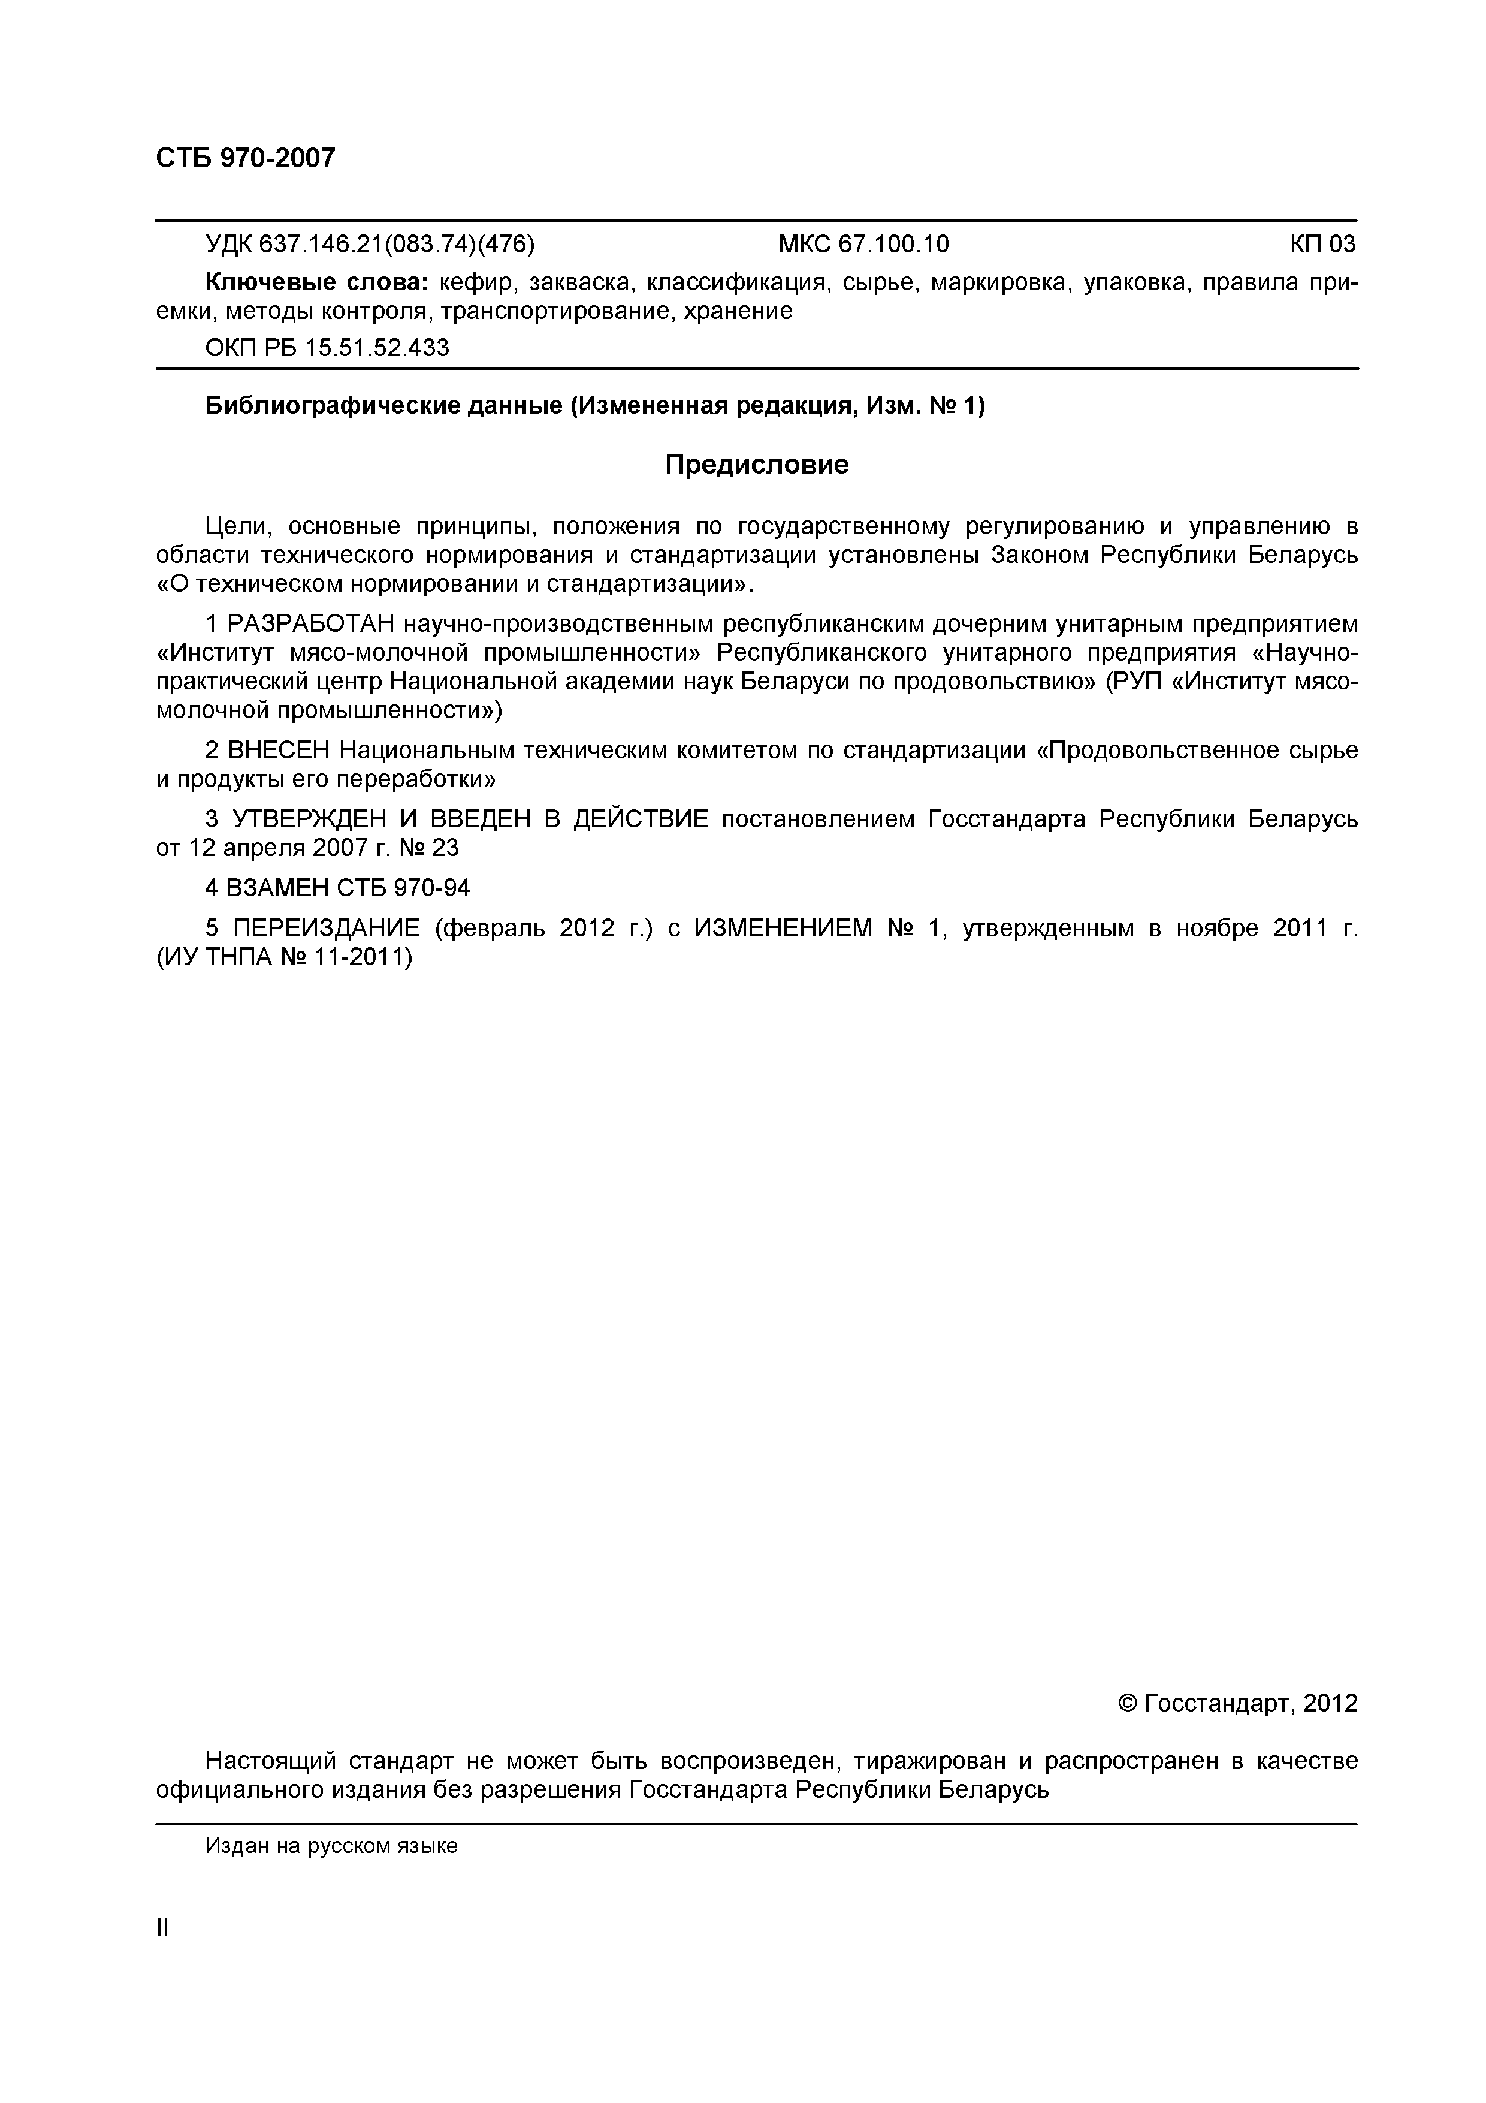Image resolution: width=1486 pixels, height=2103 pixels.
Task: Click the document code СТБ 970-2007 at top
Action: point(246,158)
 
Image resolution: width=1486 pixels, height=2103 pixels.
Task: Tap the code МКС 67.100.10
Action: point(863,245)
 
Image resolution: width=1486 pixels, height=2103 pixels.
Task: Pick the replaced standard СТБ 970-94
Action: point(404,888)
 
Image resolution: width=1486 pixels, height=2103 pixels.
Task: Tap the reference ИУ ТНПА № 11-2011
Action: point(284,958)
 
